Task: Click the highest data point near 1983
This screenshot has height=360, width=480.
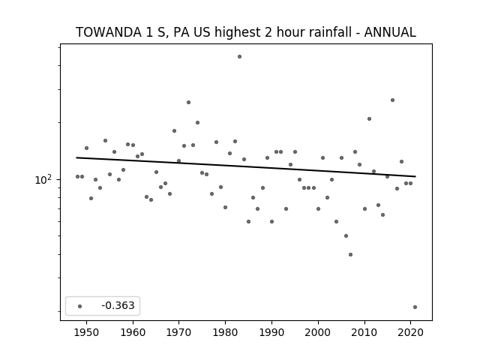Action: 239,57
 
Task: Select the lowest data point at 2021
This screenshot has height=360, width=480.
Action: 415,307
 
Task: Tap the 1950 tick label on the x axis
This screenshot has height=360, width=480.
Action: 86,332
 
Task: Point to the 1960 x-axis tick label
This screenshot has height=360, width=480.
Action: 133,332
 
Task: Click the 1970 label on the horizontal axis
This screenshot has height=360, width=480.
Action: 178,332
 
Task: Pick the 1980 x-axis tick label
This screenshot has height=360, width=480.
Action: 225,332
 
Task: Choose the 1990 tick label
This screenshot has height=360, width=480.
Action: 271,332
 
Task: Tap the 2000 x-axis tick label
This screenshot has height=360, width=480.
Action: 318,332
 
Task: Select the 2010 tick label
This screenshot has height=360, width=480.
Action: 364,332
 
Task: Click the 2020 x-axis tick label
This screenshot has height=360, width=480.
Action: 410,332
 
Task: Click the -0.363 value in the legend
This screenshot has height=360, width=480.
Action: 118,305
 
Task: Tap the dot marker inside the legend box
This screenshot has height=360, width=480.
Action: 79,306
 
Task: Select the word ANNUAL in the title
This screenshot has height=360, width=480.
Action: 390,32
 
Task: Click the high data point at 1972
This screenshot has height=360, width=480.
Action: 188,102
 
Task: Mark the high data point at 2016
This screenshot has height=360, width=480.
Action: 392,100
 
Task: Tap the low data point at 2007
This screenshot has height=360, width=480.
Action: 350,254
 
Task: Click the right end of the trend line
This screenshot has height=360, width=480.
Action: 415,176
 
